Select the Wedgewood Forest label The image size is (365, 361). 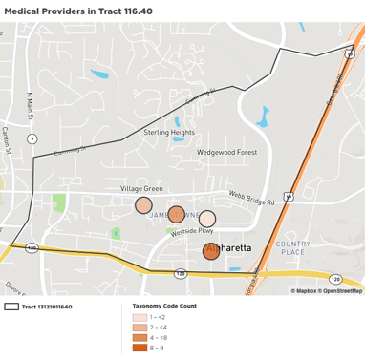point(226,152)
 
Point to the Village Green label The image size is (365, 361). point(141,189)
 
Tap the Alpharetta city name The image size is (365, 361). point(229,247)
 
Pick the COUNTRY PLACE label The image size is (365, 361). point(291,247)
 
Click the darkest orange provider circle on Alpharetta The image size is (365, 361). point(211,251)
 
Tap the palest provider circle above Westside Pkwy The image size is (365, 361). point(206,219)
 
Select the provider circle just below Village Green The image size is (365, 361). point(143,205)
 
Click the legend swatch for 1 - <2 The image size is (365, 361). point(140,316)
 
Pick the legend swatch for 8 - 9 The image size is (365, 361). point(140,348)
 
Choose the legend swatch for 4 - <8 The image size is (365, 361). point(140,337)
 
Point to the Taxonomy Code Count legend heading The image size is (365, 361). point(164,306)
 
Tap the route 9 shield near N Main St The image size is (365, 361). point(33,138)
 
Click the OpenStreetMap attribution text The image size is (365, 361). point(342,290)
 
